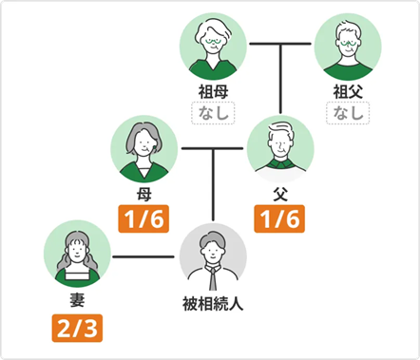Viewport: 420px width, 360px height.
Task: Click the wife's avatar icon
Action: [77, 255]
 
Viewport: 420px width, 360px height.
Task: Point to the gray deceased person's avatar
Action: [213, 256]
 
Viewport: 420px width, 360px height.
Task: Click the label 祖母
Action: [213, 92]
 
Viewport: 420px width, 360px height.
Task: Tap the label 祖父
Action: [348, 92]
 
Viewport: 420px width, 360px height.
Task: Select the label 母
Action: [144, 196]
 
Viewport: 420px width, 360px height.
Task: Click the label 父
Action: [279, 196]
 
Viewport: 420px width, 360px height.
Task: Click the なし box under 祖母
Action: [213, 114]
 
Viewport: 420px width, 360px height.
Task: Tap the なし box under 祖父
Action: [348, 114]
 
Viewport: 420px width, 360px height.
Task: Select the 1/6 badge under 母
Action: [144, 221]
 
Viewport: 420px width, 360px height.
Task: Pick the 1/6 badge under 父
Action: [279, 221]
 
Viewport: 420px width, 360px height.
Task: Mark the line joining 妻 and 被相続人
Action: [145, 256]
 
